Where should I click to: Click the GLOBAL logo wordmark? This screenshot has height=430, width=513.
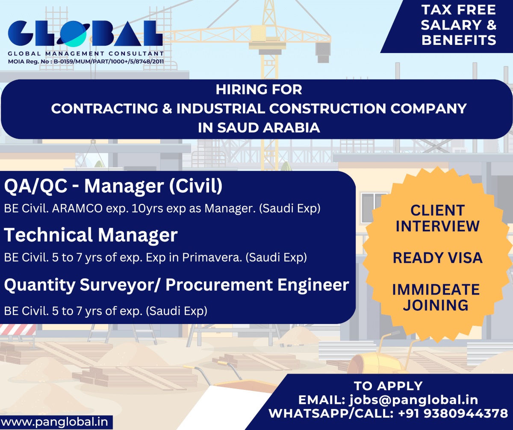tap(85, 33)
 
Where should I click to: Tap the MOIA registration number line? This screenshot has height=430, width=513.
tap(86, 62)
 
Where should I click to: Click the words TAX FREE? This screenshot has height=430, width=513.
tap(458, 10)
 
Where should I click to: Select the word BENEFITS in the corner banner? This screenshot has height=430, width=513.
tap(459, 40)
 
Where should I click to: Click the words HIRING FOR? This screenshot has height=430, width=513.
tap(259, 89)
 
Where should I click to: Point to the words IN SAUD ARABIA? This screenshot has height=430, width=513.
tap(259, 128)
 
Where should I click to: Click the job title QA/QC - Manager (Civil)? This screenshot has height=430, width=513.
tap(113, 186)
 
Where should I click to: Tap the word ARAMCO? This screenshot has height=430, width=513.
tap(77, 208)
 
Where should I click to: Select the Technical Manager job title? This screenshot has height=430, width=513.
tap(91, 235)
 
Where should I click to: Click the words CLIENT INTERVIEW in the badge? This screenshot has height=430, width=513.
tap(437, 218)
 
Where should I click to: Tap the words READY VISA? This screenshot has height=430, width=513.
tap(438, 258)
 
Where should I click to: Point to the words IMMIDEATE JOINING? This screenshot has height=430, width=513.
tap(436, 297)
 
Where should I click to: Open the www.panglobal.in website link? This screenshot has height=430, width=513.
tap(55, 422)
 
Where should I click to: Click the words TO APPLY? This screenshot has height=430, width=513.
tap(388, 386)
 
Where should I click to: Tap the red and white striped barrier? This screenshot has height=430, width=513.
tap(18, 330)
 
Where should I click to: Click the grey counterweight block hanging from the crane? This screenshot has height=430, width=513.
tap(323, 53)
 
